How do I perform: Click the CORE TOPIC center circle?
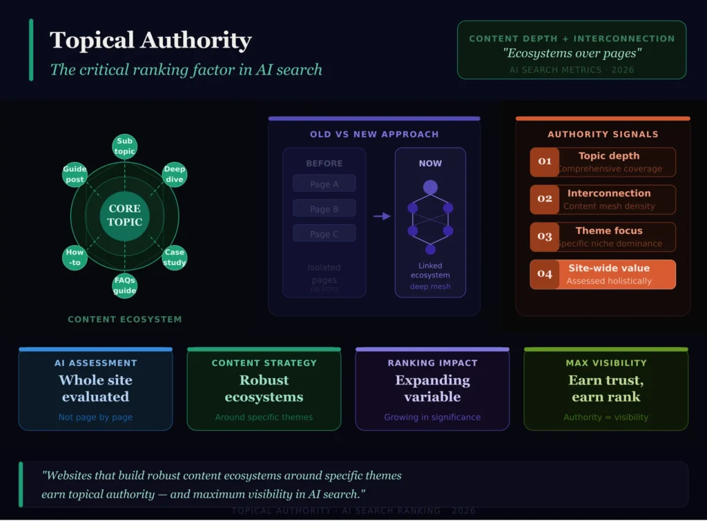tap(124, 215)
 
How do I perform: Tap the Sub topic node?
tap(124, 146)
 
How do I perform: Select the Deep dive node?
tap(175, 175)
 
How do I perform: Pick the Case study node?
tap(175, 257)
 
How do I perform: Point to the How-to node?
tap(75, 257)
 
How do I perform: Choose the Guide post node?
tap(75, 175)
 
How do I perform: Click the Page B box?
tap(324, 208)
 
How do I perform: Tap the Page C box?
tap(324, 233)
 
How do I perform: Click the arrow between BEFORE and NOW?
tap(382, 216)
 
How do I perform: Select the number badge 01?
tap(545, 162)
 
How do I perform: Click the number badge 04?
tap(545, 274)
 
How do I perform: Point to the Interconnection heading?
tap(609, 193)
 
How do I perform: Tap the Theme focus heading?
tap(609, 230)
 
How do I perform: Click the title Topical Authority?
tap(151, 40)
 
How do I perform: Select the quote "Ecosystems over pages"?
tap(571, 54)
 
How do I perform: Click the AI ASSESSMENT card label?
tap(95, 363)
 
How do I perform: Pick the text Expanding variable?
tap(432, 389)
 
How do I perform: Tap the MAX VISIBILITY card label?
tap(606, 363)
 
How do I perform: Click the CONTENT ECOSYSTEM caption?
tap(124, 320)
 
